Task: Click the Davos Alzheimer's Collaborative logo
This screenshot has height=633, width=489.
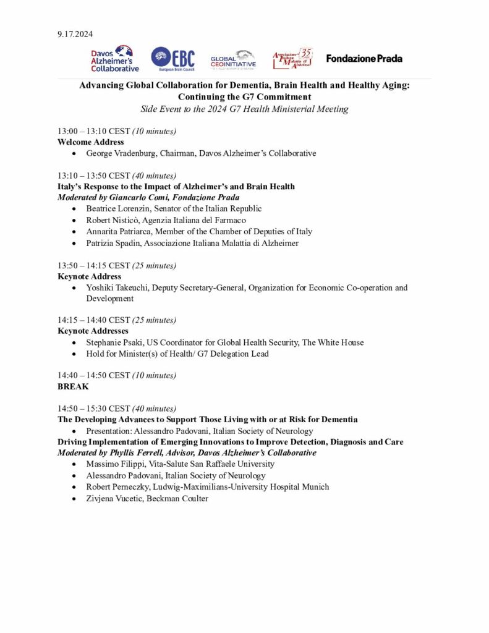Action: [x=115, y=59]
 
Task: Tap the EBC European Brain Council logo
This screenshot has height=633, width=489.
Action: [x=173, y=59]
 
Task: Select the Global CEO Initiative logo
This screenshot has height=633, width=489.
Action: [x=232, y=59]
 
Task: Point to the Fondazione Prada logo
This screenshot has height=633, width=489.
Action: [x=364, y=59]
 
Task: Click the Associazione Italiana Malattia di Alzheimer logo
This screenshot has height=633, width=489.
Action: [x=292, y=59]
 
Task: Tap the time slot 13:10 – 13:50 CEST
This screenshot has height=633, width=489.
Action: [x=94, y=176]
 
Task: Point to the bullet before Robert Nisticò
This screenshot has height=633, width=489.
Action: [x=75, y=221]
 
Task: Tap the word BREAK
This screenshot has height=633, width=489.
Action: [x=73, y=386]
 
